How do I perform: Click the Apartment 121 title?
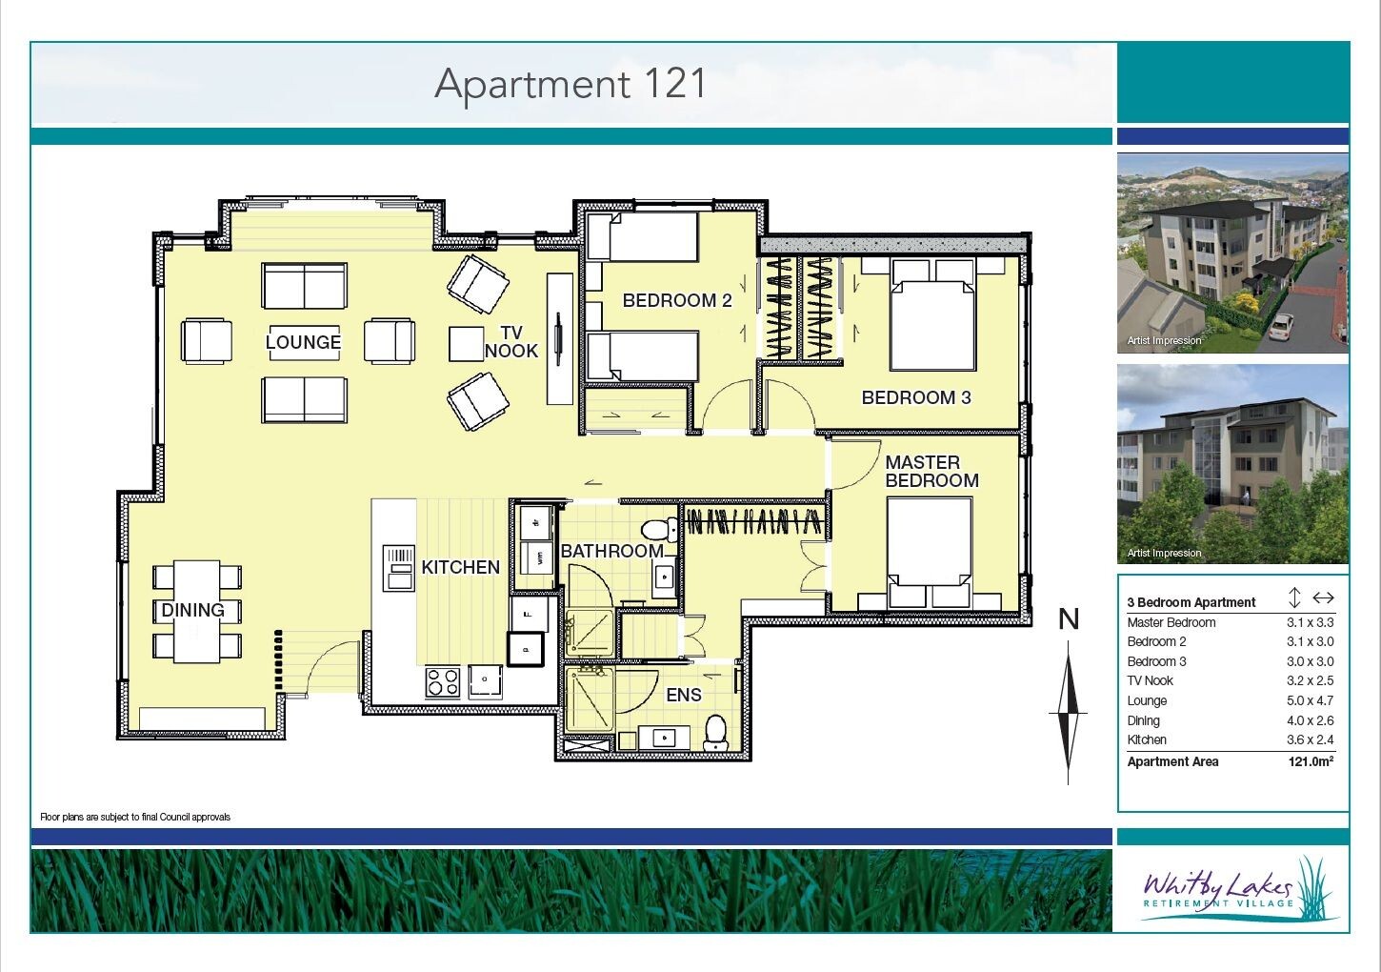[570, 85]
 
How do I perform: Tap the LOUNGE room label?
[303, 342]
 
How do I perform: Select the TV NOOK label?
[511, 342]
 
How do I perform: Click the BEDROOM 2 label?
[677, 300]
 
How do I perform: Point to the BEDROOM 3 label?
[916, 397]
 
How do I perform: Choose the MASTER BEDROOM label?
[932, 471]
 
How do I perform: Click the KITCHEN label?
[461, 567]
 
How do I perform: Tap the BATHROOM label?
[612, 551]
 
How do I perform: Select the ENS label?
[684, 695]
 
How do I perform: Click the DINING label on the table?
[193, 610]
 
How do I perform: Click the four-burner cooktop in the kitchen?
[443, 682]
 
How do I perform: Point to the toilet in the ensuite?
[716, 732]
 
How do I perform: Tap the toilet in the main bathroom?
[658, 529]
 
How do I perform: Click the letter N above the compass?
[1069, 619]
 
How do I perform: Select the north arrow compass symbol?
[1068, 713]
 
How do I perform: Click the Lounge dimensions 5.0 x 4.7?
[1311, 700]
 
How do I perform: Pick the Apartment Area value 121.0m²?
[1311, 761]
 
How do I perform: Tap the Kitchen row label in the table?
[1147, 739]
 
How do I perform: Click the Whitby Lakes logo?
[1233, 890]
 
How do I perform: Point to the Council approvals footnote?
[135, 818]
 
